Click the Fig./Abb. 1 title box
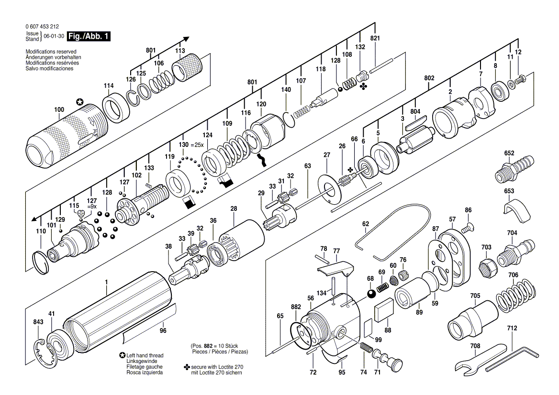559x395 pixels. [x=89, y=36]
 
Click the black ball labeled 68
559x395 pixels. [x=371, y=293]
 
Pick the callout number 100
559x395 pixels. [x=59, y=110]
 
